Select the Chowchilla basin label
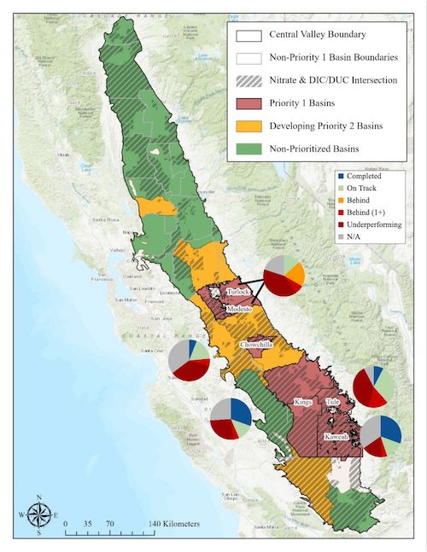(257, 344)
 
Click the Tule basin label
(333, 403)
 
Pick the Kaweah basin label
(338, 437)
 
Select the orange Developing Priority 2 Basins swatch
(249, 125)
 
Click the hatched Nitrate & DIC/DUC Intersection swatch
(249, 81)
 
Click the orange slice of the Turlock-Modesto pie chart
(295, 273)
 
